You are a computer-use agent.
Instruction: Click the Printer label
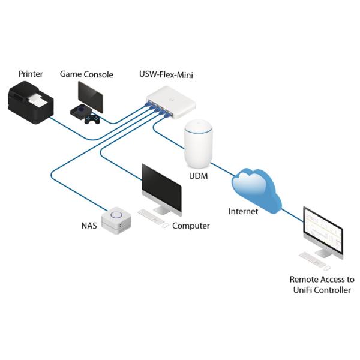31,74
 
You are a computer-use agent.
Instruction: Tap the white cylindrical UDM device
199,144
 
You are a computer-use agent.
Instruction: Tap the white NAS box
116,220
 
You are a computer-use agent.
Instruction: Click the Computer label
191,226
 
